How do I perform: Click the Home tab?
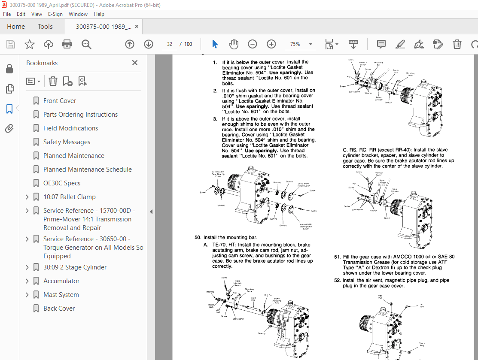tap(16, 27)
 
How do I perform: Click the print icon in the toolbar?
tap(67, 44)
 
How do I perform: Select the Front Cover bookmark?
tap(59, 101)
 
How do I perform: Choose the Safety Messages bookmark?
tap(67, 142)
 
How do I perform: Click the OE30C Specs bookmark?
tap(61, 183)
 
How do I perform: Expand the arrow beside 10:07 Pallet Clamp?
tap(27, 197)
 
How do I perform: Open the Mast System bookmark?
tap(61, 295)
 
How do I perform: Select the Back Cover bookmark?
tap(59, 309)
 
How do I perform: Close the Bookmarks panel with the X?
tap(135, 63)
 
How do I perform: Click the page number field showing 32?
tap(170, 44)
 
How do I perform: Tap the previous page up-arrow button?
tap(129, 44)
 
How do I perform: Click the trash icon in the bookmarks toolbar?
tap(53, 81)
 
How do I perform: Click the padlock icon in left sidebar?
tap(9, 69)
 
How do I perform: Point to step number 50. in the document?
tap(198, 237)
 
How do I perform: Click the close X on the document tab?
tap(137, 27)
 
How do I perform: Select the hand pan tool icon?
tap(233, 44)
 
